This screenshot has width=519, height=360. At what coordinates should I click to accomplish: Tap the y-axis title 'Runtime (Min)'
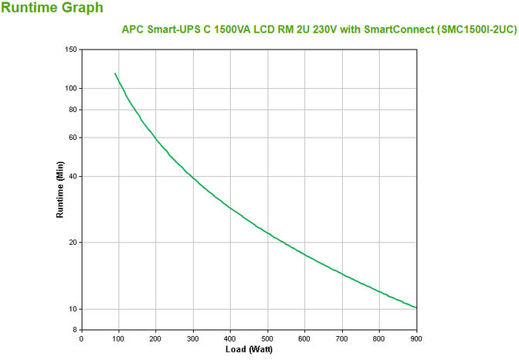(x=59, y=190)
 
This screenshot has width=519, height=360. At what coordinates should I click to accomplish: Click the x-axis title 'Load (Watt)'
(x=248, y=349)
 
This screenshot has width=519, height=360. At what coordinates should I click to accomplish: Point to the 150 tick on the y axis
(x=71, y=49)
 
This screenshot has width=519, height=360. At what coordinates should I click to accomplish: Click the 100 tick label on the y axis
(x=71, y=88)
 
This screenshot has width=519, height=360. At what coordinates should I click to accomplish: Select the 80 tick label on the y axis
(x=73, y=110)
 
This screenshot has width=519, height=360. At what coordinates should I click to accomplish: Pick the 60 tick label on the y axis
(x=73, y=138)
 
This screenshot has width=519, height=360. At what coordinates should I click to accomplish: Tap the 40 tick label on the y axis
(x=73, y=176)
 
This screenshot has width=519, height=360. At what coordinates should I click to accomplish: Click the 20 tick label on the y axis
(x=73, y=243)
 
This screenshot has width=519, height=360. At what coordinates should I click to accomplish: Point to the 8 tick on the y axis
(x=76, y=330)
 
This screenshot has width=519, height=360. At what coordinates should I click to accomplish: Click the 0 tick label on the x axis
(x=82, y=338)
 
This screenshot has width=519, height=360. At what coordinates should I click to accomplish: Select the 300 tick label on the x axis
(x=193, y=338)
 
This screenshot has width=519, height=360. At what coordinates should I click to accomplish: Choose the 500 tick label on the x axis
(x=267, y=338)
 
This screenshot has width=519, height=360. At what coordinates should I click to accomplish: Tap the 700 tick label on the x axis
(x=341, y=338)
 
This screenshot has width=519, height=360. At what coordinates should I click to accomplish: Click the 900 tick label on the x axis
(x=416, y=338)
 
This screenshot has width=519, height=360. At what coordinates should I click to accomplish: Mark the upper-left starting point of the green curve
(x=115, y=74)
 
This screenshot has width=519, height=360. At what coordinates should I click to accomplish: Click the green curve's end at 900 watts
(x=416, y=307)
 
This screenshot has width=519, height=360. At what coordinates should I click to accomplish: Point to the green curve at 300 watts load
(x=193, y=176)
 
